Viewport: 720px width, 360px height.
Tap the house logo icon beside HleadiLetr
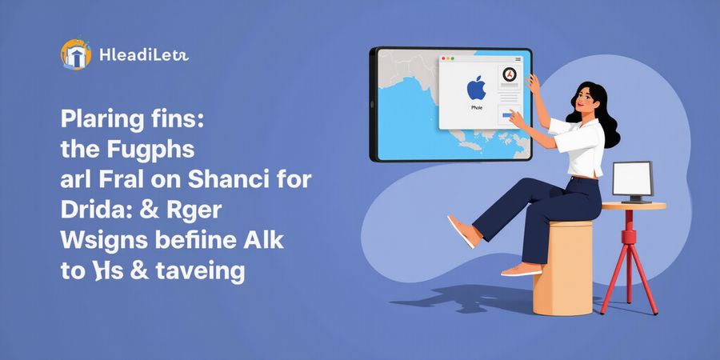(76, 55)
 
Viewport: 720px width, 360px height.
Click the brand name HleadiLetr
(144, 56)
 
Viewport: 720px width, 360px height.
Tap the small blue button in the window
(506, 115)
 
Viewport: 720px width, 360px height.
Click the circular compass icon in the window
(509, 75)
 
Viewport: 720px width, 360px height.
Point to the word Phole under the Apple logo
(476, 106)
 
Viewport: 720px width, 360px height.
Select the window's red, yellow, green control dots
(450, 59)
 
